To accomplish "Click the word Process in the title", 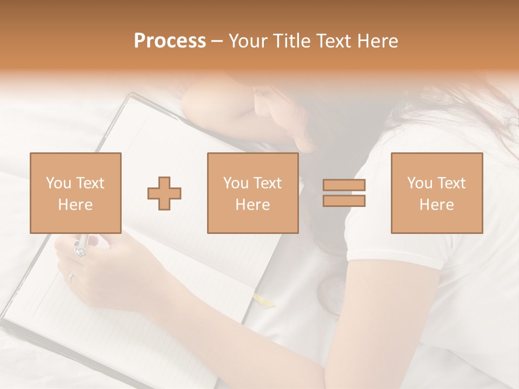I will tap(170, 41).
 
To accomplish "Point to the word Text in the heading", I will tap(335, 41).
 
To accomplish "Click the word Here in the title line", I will tap(378, 41).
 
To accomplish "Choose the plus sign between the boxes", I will tap(164, 193).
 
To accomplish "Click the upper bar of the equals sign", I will tap(344, 185).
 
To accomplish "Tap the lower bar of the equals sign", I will tap(344, 201).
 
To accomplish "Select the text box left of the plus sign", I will tap(75, 193).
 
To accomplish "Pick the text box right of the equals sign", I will tap(436, 193).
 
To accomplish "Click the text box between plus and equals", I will tap(252, 193).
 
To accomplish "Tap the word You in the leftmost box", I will tap(58, 183).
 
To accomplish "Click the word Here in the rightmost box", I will tap(436, 204).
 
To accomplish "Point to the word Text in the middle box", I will tap(268, 183).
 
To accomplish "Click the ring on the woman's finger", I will tap(71, 277).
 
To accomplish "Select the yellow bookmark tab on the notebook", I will tap(263, 299).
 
